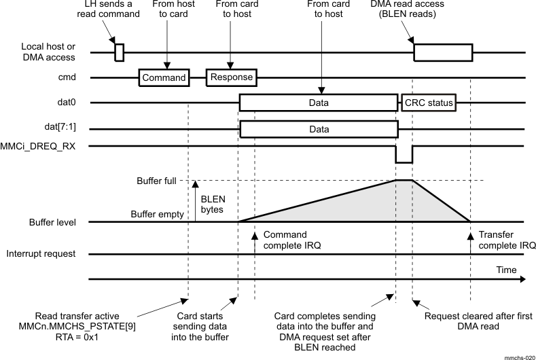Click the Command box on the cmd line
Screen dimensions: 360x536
point(164,77)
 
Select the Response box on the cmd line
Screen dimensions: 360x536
point(231,77)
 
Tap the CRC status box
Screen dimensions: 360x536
point(429,103)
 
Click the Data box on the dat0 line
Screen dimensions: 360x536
point(318,103)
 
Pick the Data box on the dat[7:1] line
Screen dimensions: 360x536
point(318,129)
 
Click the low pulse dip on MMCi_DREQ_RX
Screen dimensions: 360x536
point(404,159)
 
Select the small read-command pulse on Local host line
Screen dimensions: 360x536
point(119,52)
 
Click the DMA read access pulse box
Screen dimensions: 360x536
point(444,52)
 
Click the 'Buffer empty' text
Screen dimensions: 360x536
point(158,215)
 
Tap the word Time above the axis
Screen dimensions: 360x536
point(506,270)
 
